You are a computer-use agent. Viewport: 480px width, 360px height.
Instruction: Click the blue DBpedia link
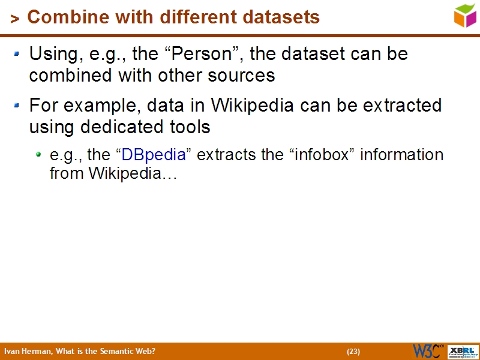pyautogui.click(x=153, y=155)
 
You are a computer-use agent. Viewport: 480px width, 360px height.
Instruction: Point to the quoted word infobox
pyautogui.click(x=316, y=155)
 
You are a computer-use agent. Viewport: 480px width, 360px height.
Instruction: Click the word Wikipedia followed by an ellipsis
pyautogui.click(x=133, y=174)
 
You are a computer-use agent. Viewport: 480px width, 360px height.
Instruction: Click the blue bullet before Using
pyautogui.click(x=17, y=54)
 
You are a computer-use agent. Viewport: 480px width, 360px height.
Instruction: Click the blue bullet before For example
pyautogui.click(x=17, y=106)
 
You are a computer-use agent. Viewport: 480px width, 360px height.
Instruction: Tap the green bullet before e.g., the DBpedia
pyautogui.click(x=38, y=155)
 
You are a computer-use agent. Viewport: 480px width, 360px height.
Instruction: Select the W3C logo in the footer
pyautogui.click(x=427, y=351)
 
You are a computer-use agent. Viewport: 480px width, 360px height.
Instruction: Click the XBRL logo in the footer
pyautogui.click(x=463, y=351)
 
